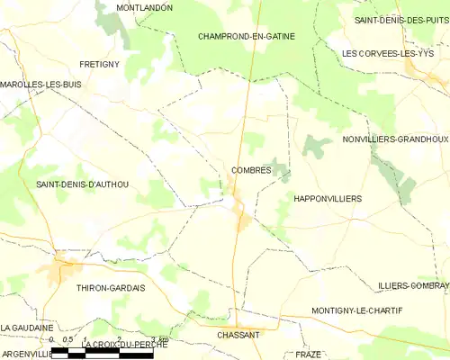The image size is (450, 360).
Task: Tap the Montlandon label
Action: pos(144,7)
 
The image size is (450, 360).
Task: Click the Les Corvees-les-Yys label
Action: pos(388,54)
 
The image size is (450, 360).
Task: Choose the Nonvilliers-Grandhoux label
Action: pos(395,139)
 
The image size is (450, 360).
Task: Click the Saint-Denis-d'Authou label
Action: pos(81,184)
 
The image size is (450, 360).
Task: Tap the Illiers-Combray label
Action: pos(413,285)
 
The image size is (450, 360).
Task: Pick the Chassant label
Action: pos(238,335)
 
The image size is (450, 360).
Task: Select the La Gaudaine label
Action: pos(27,328)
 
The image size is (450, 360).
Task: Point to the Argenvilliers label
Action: pos(25,354)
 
